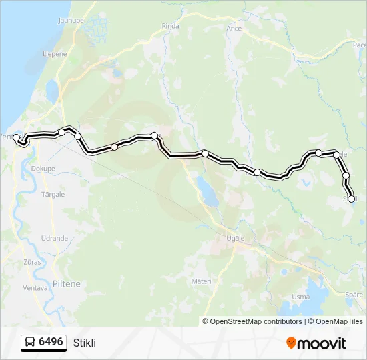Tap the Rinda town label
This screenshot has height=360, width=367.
point(171,26)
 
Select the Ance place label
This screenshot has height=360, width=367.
point(234,29)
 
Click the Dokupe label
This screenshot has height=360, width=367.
point(42,169)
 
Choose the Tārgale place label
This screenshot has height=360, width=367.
point(53,195)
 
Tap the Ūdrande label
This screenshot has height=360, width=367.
point(54,238)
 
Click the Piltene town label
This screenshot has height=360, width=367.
point(66,283)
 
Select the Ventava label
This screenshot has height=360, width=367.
point(35,288)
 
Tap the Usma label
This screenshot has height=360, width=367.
point(301,297)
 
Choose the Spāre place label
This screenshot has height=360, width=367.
point(355,294)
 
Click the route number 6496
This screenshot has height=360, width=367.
point(51,342)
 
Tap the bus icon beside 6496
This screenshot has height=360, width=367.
point(31,342)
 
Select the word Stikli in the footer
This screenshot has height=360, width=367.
point(85,343)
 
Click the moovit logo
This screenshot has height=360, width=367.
point(316,343)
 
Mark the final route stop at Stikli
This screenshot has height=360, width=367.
point(351,199)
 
